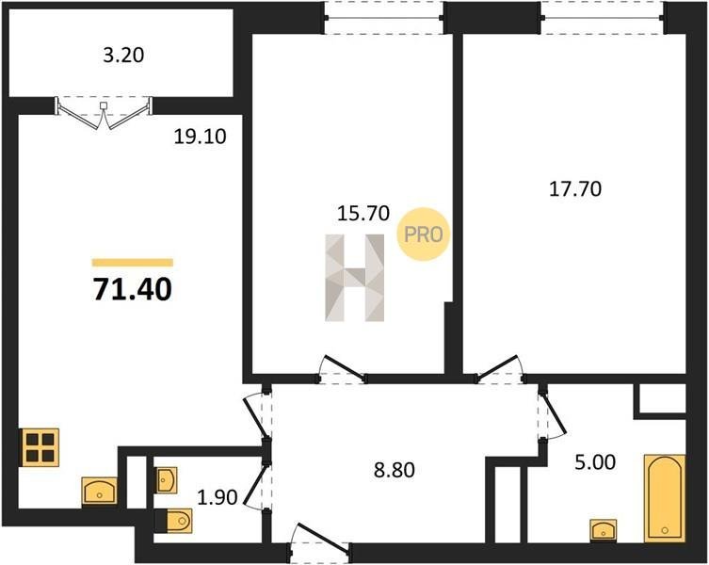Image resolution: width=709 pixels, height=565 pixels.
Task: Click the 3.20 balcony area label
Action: pos(123,56)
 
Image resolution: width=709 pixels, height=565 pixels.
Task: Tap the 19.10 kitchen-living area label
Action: pos(200,137)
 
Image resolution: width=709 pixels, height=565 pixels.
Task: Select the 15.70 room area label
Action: pos(363,213)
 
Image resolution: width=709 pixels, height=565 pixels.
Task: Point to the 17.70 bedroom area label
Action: pos(575,189)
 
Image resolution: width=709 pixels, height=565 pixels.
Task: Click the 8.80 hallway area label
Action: pos(395,471)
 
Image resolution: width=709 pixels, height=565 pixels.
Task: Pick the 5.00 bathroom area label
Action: pos(595,462)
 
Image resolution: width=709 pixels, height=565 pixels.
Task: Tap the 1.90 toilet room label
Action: pos(218,497)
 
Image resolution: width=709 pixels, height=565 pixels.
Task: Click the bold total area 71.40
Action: pos(133,289)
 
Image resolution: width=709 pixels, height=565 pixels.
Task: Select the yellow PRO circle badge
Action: pos(423,234)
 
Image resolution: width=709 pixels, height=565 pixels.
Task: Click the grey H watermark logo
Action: pos(354,278)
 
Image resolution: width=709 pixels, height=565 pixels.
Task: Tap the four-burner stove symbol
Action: pos(40,447)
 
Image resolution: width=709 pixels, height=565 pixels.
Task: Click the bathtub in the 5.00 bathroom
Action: pos(664,498)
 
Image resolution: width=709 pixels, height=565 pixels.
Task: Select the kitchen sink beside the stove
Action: pos(99,492)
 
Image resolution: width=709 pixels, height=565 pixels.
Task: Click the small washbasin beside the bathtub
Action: pos(604,530)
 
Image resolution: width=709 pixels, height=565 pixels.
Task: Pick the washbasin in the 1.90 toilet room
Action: pos(167,479)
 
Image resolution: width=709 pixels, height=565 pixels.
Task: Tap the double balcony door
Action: pos(104,112)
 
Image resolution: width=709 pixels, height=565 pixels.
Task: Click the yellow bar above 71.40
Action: pos(133,263)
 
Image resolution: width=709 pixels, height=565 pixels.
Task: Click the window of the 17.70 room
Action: pos(603,18)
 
